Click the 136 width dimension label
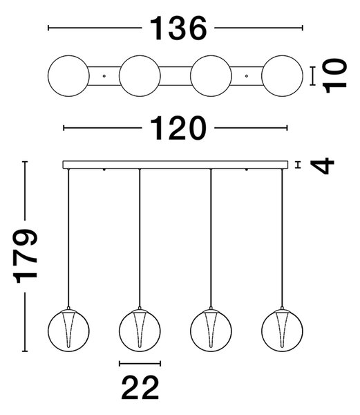pos(178,28)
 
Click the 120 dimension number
pos(178,128)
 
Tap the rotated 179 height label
pos(26,256)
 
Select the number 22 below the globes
pos(140,387)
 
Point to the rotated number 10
pos(335,76)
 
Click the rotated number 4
pos(323,166)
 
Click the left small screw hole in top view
pos(104,76)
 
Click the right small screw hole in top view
pos(247,76)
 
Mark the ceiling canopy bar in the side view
pos(176,165)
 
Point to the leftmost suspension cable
pos(68,238)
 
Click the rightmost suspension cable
pos(282,238)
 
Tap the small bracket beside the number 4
pos(299,165)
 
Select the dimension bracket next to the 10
pos(313,76)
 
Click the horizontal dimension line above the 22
pos(140,364)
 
